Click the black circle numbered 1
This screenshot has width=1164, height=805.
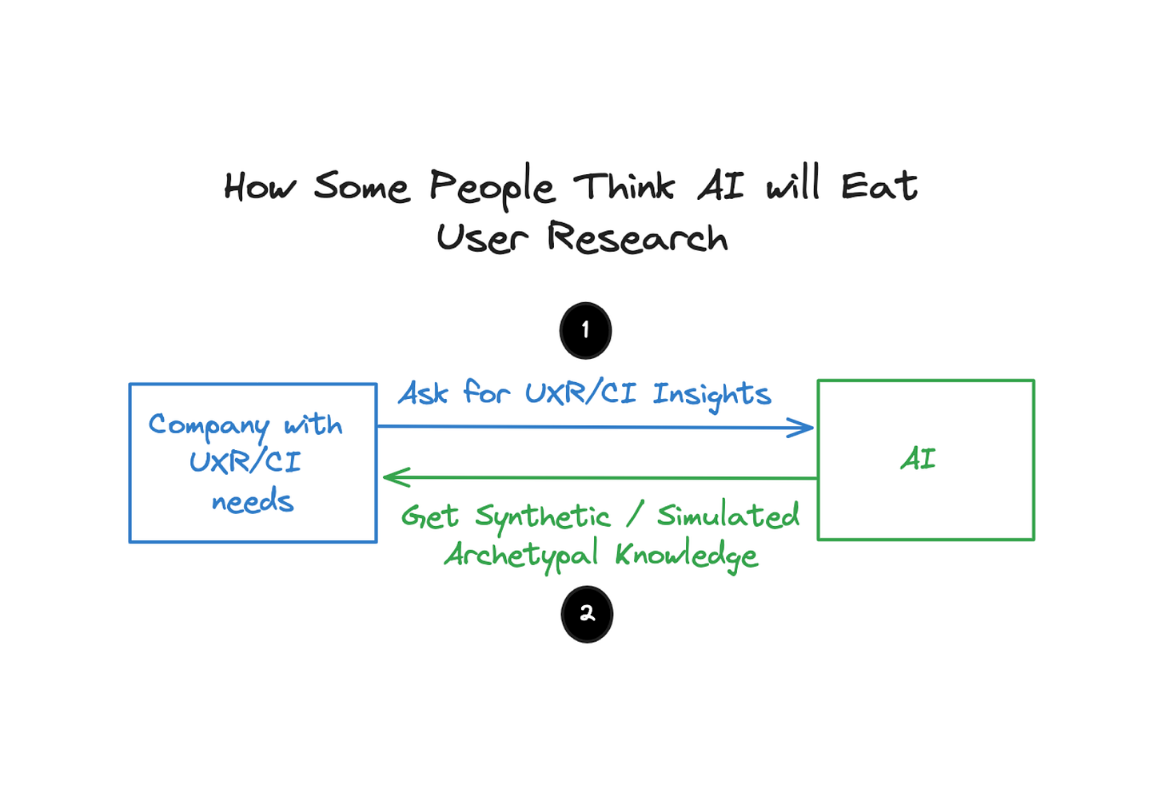point(585,330)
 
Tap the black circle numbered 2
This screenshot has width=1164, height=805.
point(587,614)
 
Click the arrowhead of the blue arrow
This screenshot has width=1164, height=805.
point(803,428)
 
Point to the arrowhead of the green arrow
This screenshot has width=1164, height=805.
point(393,477)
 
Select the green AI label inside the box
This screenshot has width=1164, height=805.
point(918,459)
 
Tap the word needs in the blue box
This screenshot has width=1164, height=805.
point(253,502)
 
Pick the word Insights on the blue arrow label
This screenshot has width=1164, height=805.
point(712,394)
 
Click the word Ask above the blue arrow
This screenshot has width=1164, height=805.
point(424,393)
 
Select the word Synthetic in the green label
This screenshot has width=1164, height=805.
point(542,517)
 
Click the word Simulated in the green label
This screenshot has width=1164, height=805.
point(727,516)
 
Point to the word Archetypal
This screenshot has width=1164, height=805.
point(521,555)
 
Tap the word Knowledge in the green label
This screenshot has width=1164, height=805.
point(686,555)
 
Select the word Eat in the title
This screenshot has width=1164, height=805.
point(879,186)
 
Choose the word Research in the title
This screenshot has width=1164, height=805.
point(637,238)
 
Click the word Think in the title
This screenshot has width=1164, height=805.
point(624,186)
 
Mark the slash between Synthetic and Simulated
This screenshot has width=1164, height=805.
point(634,516)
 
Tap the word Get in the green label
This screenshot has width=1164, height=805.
point(430,516)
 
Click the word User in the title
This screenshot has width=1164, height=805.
point(482,238)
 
